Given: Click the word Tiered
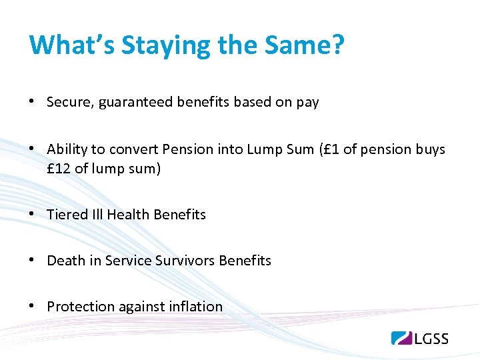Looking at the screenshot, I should [x=67, y=215].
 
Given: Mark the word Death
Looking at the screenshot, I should [x=65, y=261].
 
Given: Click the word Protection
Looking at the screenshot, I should [x=81, y=307].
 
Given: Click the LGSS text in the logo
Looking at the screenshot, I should [x=431, y=338].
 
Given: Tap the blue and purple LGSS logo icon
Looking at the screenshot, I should [x=402, y=338].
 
